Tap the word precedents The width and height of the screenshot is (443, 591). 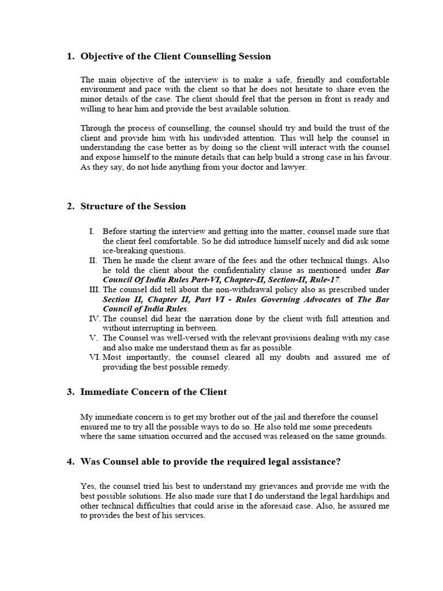pyautogui.click(x=353, y=427)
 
